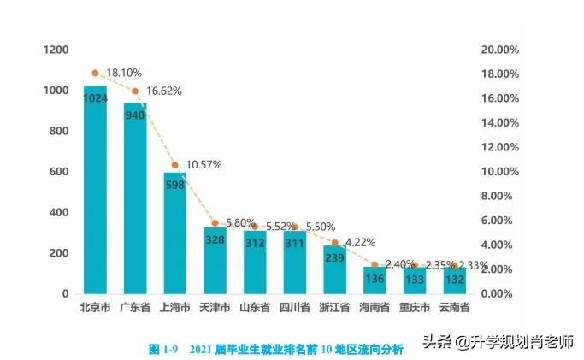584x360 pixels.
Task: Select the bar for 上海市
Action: click(175, 233)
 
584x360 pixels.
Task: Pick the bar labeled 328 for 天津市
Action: click(215, 260)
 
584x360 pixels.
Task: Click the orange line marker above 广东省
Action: click(135, 91)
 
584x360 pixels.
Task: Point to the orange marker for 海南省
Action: click(375, 265)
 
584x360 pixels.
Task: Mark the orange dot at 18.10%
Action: click(95, 74)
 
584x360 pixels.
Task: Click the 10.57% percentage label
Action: click(204, 164)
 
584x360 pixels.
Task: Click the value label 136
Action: click(375, 278)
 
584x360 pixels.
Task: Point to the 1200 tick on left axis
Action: click(56, 50)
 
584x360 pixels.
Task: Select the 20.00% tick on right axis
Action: click(500, 50)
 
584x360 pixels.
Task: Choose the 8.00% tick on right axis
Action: click(500, 196)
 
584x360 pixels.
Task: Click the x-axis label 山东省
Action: click(255, 307)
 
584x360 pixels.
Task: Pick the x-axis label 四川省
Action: click(295, 307)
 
